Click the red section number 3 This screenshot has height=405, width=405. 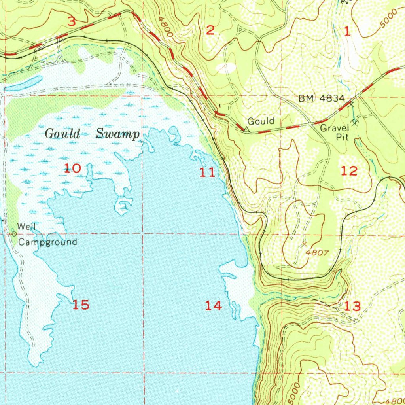tap(71, 22)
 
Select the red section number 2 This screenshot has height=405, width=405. tap(210, 30)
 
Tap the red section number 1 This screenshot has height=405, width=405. tap(347, 32)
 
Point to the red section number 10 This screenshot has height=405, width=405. tap(73, 169)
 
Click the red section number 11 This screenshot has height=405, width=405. tap(207, 172)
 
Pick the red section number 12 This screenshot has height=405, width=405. tap(349, 171)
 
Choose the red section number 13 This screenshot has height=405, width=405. tap(352, 306)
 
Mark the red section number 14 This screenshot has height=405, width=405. tap(214, 305)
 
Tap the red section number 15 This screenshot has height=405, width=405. tap(81, 305)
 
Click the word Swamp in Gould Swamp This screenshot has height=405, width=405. tap(118, 134)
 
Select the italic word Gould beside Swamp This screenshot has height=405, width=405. tap(62, 134)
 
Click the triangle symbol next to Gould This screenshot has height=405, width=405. tap(246, 129)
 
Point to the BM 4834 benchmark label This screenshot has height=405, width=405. tap(322, 99)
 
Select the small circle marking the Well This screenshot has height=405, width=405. tap(14, 234)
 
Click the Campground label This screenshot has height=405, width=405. tap(48, 242)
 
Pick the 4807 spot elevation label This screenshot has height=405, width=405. tap(318, 253)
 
